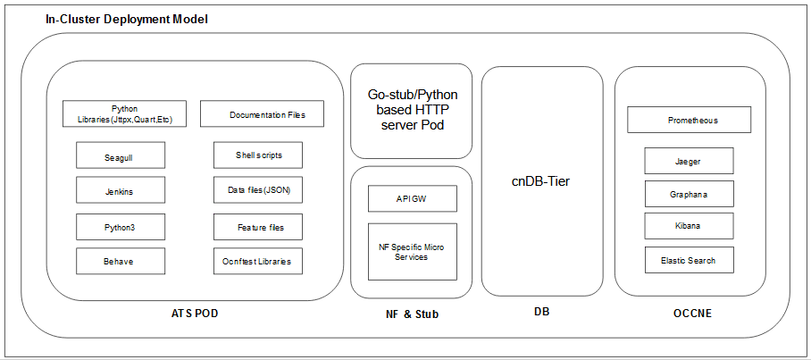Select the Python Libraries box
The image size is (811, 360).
click(x=124, y=113)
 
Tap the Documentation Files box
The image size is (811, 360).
click(x=261, y=114)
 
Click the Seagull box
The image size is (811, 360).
click(x=119, y=155)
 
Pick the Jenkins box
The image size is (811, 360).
click(x=119, y=190)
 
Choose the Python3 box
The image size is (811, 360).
click(x=119, y=227)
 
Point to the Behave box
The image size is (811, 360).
click(x=119, y=261)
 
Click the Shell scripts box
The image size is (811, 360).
click(x=257, y=155)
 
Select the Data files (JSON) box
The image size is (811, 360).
click(x=257, y=190)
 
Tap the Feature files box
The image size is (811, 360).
click(x=257, y=227)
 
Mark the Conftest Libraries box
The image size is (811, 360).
click(x=257, y=261)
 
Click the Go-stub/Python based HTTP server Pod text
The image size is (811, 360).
click(x=411, y=109)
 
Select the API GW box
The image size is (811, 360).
click(x=412, y=198)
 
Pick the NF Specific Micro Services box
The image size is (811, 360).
click(x=412, y=251)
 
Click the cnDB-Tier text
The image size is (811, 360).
click(x=541, y=181)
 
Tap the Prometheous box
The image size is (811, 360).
click(x=689, y=120)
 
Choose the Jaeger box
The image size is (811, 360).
click(x=689, y=161)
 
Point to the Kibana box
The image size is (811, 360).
click(x=689, y=225)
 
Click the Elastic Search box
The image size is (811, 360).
click(x=689, y=260)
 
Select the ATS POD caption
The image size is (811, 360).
click(x=195, y=314)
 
